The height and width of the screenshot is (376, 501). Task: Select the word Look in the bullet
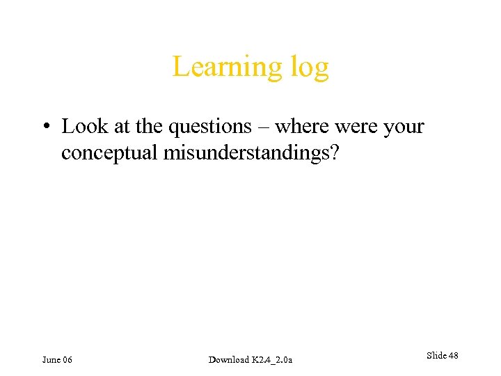coord(83,127)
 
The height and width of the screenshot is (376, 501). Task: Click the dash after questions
coord(265,127)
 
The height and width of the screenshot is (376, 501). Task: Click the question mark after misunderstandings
coord(335,152)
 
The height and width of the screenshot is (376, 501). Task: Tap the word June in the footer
coord(51,359)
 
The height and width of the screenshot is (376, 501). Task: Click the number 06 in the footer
coord(67,359)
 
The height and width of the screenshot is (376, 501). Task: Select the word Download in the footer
coord(228,359)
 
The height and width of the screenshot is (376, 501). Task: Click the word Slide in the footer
coord(436,356)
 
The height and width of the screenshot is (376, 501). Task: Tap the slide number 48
coord(453,356)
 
